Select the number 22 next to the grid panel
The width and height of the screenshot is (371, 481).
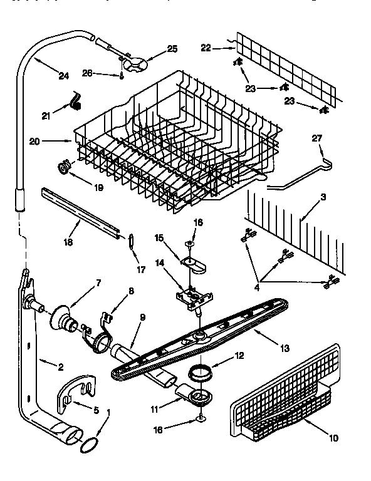tap(206, 47)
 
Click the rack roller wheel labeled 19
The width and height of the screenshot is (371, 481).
tap(63, 165)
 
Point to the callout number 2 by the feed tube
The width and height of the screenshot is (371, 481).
tap(60, 368)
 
